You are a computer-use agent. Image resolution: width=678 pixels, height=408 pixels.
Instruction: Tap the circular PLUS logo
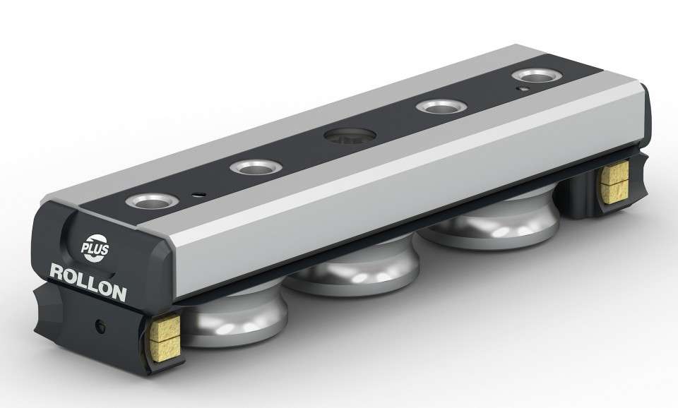(95, 248)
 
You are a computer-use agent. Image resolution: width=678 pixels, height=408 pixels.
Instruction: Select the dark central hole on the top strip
(350, 136)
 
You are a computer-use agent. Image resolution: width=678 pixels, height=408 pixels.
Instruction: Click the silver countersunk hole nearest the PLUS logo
(152, 201)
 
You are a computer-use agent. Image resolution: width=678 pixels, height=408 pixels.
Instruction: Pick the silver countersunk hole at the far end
(537, 76)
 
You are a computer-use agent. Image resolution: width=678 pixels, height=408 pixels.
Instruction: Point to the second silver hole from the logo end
(256, 167)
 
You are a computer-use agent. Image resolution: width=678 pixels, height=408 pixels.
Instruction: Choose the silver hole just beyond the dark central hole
(441, 107)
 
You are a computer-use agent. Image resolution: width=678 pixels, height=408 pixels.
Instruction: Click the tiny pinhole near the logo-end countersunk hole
(199, 194)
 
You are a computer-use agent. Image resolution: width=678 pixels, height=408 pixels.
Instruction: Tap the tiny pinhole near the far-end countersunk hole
(523, 89)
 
